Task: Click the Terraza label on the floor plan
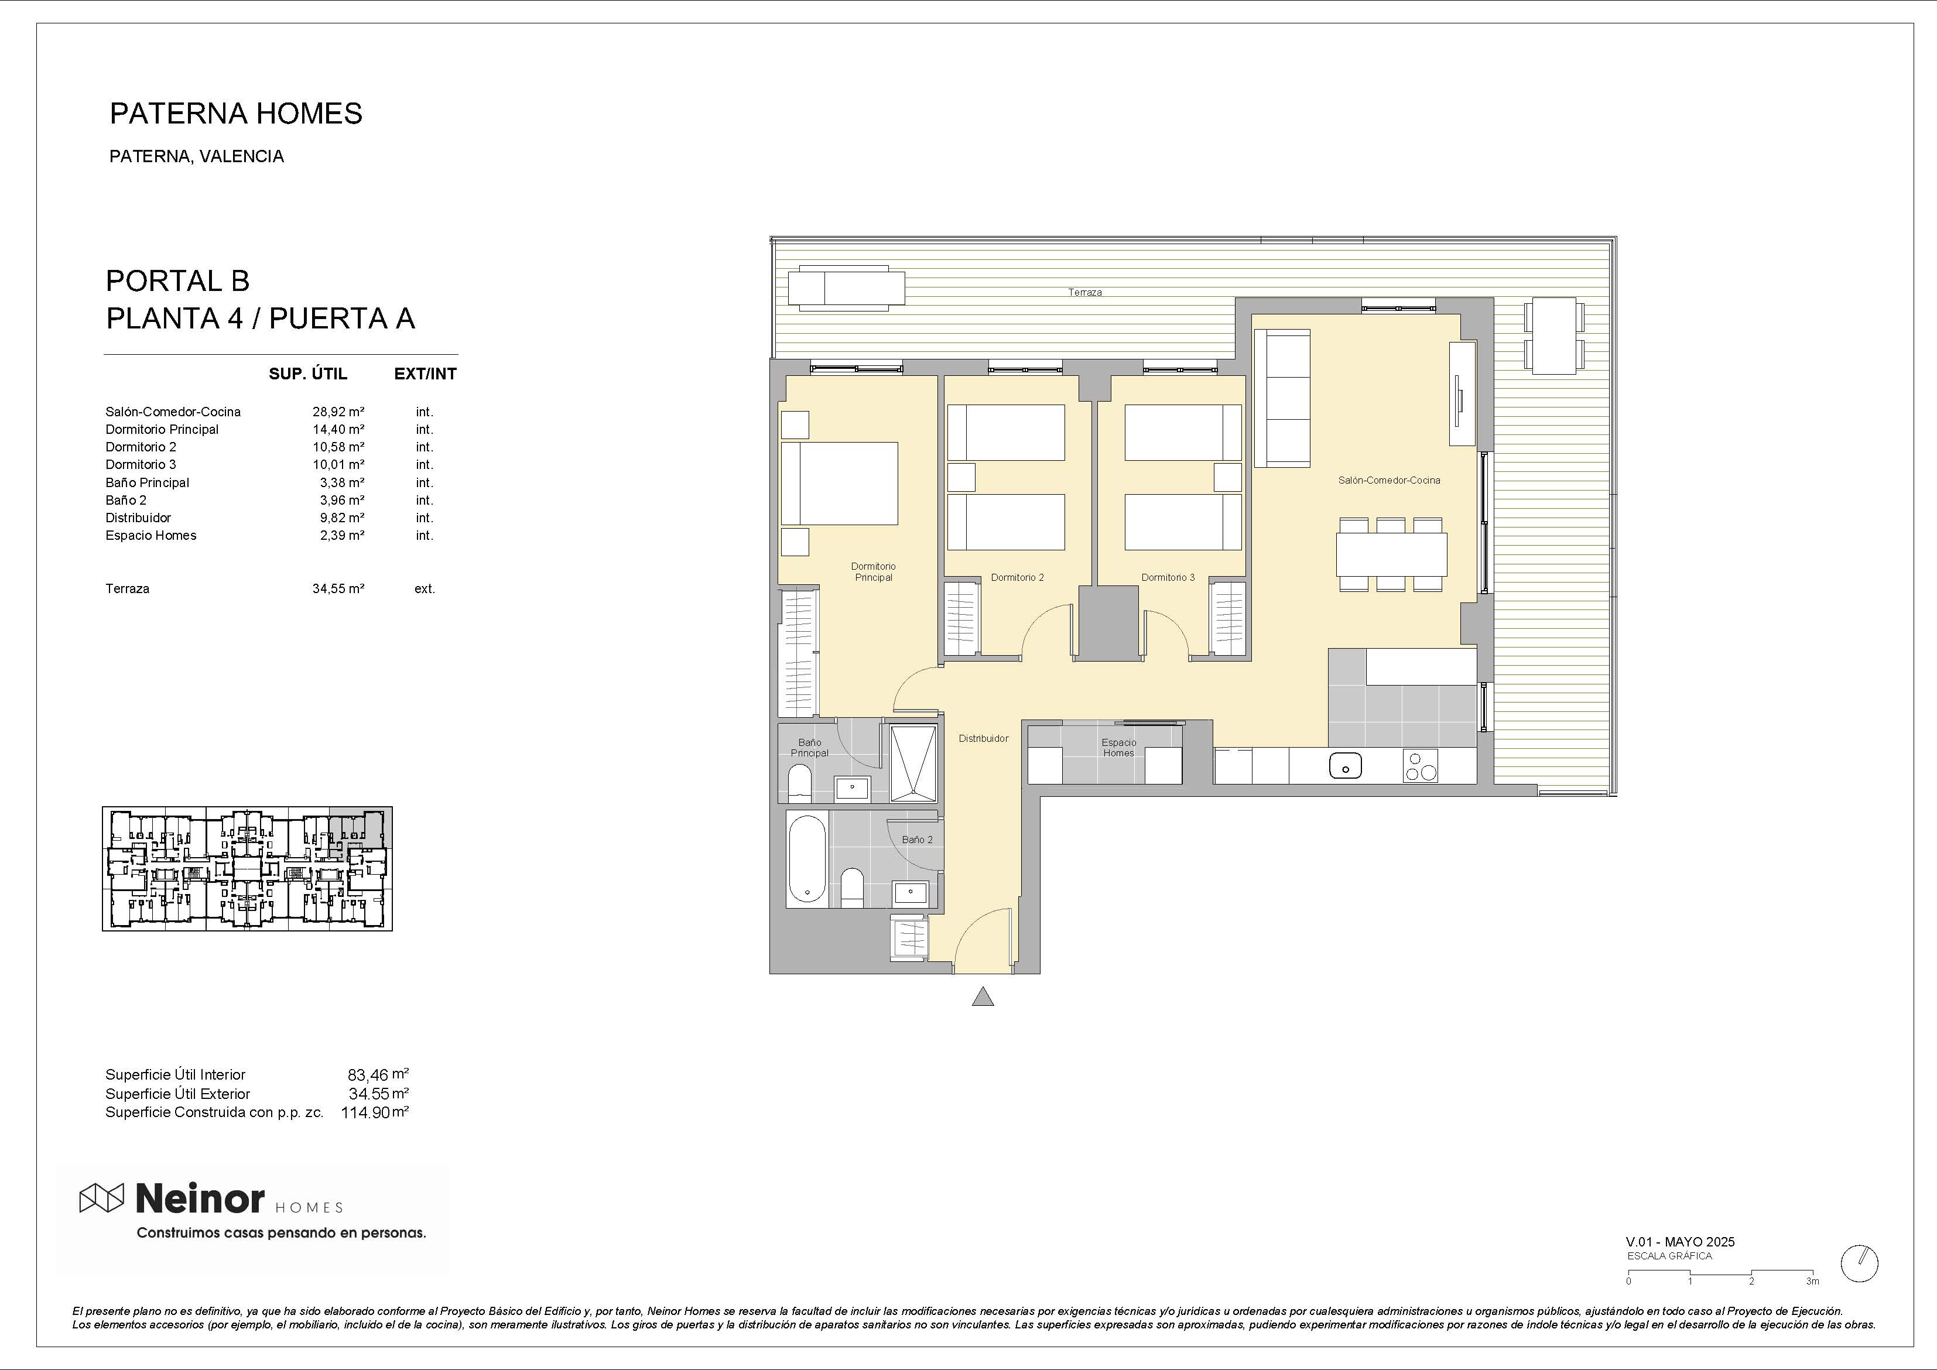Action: (1085, 293)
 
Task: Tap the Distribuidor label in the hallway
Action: (984, 738)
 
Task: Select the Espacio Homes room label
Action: (1118, 748)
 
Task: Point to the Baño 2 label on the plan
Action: (917, 840)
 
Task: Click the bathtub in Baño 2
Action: (807, 859)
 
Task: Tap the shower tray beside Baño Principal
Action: (913, 763)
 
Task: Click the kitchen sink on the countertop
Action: (1345, 766)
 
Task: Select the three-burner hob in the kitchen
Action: (1421, 766)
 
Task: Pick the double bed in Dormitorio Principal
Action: (840, 484)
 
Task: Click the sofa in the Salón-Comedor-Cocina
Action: (1282, 398)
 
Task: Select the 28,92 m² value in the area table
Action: (338, 412)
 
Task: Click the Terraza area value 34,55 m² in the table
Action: (338, 589)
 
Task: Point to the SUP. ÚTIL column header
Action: (308, 374)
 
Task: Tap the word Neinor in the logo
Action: (200, 1198)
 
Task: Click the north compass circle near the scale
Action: (1859, 1263)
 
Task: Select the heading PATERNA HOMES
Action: (236, 113)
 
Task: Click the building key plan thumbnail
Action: (247, 869)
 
